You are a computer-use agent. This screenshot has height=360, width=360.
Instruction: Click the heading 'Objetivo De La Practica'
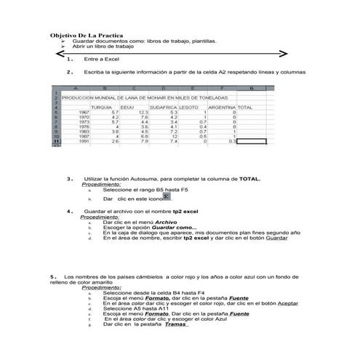point(86,35)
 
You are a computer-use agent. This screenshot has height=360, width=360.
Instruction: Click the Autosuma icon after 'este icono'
point(167,196)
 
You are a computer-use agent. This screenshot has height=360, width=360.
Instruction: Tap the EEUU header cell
point(127,108)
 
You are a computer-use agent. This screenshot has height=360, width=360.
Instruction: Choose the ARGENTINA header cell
point(222,108)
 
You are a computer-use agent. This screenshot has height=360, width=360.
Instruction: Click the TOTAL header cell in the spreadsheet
point(245,108)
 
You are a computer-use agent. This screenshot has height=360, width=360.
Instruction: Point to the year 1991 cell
point(84,141)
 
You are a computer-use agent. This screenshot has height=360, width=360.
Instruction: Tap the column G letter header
point(251,89)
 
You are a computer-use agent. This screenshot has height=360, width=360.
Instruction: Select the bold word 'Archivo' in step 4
point(167,222)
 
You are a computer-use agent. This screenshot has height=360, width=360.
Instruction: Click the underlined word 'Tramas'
point(176,324)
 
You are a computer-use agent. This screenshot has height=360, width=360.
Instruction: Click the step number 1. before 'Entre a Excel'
point(69,59)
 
